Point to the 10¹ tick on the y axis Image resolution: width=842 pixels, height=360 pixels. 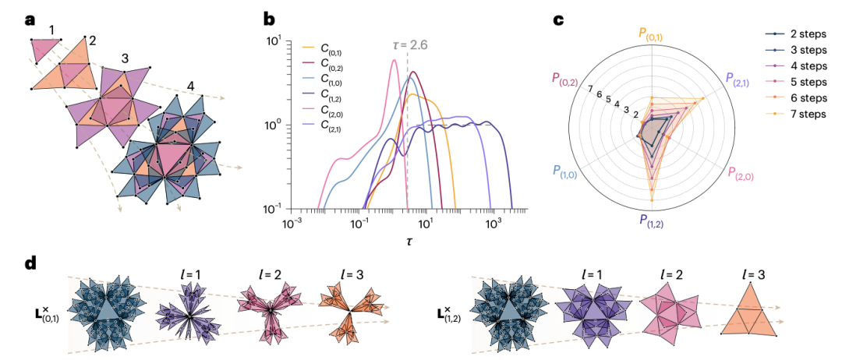point(274,41)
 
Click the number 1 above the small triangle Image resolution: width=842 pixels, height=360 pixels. point(51,30)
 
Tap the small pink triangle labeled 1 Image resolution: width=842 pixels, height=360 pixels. point(44,51)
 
